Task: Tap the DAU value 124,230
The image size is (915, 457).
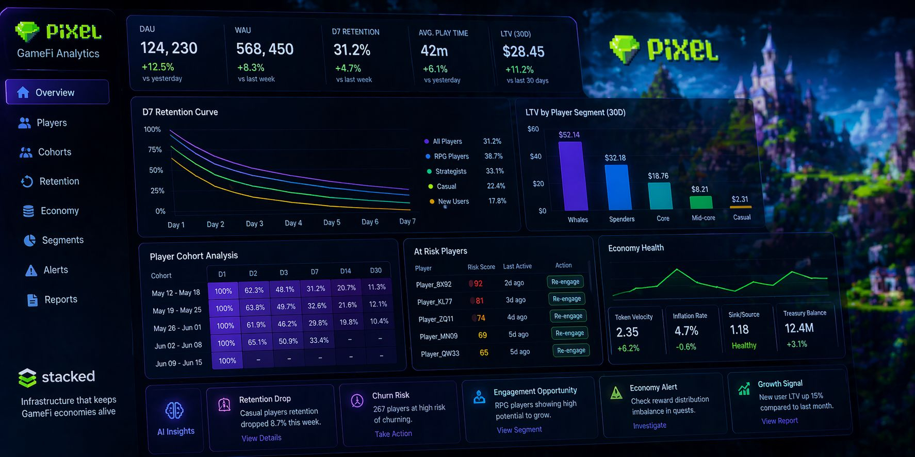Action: pos(169,48)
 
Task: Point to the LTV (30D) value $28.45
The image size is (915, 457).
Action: pos(523,52)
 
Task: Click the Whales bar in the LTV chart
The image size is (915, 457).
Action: pos(573,176)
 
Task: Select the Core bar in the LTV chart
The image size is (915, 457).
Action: pos(660,196)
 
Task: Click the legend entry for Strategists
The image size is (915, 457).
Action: pos(450,171)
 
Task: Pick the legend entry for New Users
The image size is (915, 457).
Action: pos(453,201)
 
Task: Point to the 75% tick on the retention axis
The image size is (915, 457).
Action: pos(155,149)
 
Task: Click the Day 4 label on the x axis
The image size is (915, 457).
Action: pos(293,223)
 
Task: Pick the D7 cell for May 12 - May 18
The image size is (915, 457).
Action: pos(316,289)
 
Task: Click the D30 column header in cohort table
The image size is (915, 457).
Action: pos(376,270)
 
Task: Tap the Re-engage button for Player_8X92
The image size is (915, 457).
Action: pos(565,282)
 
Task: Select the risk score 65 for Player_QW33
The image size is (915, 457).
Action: pos(484,352)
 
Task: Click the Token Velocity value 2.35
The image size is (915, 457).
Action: pos(627,332)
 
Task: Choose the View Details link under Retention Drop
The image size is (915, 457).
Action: pos(262,438)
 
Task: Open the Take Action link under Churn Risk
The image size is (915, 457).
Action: pos(393,434)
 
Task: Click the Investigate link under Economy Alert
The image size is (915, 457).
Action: pos(649,426)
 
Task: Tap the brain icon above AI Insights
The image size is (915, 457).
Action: pos(174,410)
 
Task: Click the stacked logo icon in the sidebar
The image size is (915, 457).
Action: pos(27,378)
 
